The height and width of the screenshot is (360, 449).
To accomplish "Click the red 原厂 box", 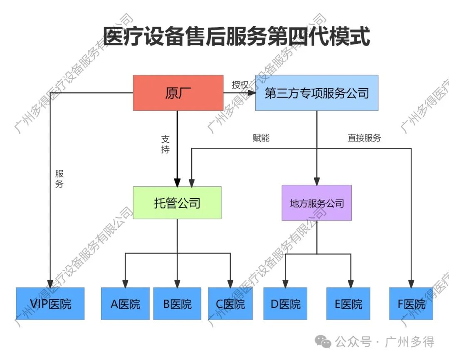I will click(178, 93).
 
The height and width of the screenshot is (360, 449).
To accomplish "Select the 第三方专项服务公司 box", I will click(317, 93).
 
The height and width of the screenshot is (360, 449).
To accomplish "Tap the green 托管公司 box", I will click(177, 203).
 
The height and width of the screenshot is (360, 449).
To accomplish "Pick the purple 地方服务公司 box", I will click(317, 203).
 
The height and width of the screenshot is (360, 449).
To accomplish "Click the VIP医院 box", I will click(50, 303).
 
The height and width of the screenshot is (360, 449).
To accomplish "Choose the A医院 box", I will click(125, 304).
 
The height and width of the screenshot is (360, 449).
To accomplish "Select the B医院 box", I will click(177, 304).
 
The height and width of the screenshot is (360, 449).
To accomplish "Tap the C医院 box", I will click(230, 304).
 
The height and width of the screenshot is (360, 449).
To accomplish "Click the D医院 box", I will click(286, 304).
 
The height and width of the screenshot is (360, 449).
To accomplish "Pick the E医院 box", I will click(348, 304).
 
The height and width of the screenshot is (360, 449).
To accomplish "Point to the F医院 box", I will click(411, 304).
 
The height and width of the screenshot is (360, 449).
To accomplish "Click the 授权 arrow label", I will click(240, 85).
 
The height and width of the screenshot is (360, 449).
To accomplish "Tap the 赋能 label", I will click(261, 137).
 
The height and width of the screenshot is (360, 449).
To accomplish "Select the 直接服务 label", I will click(364, 138).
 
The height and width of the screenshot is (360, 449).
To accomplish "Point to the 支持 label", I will click(165, 144).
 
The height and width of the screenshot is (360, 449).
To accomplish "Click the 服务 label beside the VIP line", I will click(59, 179).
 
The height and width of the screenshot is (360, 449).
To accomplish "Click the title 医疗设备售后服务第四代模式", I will click(236, 37).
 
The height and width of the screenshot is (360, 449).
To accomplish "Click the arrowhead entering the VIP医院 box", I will click(50, 283).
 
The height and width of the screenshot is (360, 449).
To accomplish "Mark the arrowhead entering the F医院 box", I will click(411, 283).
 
